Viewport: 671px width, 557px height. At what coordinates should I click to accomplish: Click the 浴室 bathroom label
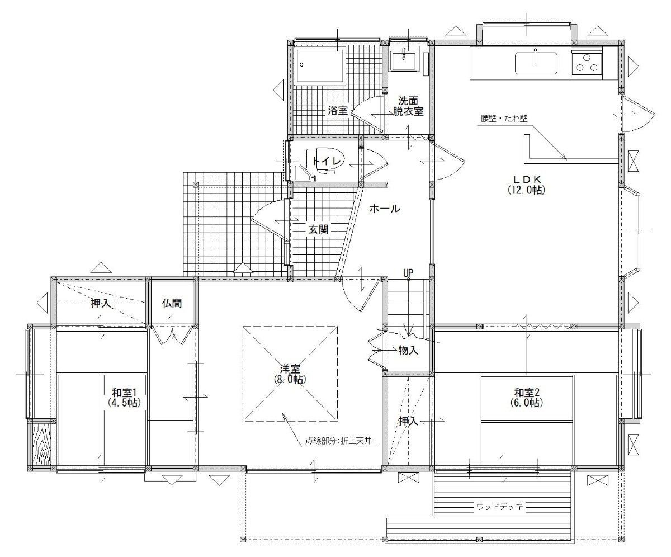(338, 111)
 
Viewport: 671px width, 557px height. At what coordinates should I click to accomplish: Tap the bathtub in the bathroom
(320, 66)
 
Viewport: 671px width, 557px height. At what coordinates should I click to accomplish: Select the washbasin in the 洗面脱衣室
(404, 60)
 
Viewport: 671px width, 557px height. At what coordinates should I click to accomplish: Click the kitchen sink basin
(536, 64)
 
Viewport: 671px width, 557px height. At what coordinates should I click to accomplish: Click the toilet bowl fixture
(324, 161)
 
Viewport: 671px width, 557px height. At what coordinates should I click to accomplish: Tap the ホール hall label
(385, 209)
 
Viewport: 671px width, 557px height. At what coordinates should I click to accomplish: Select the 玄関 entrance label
(319, 229)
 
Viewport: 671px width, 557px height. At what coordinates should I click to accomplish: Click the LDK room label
(527, 180)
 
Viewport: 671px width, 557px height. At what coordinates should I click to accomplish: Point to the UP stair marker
(408, 273)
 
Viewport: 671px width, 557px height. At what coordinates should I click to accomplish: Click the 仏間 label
(172, 303)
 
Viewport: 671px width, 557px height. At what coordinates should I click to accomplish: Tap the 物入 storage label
(408, 350)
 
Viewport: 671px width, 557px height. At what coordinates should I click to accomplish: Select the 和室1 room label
(124, 392)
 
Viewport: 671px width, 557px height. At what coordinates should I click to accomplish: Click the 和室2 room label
(527, 392)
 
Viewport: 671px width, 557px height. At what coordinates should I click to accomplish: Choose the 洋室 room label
(290, 369)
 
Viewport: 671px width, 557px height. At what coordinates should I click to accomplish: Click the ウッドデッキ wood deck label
(500, 507)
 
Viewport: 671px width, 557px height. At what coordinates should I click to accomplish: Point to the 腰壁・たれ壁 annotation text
(504, 119)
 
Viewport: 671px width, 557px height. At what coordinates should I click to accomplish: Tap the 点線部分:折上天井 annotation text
(338, 441)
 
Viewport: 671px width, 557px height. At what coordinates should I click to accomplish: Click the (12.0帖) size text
(526, 190)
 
